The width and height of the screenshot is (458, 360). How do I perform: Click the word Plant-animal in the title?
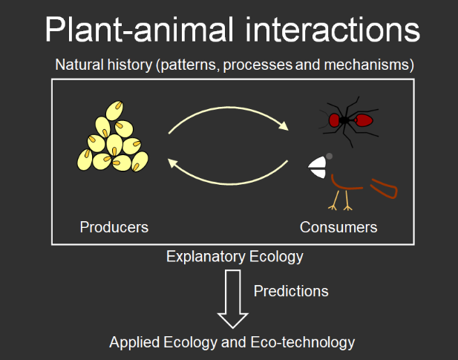coord(140,30)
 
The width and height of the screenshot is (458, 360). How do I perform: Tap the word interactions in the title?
coord(333,30)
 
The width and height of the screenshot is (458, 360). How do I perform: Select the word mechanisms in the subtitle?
coord(369,65)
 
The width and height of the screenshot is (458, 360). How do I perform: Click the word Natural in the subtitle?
coord(79,65)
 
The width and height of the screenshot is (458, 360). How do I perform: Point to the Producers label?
coord(114,227)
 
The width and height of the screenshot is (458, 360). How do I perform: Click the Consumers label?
coord(338,227)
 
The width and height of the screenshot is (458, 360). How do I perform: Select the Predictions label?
coord(291,291)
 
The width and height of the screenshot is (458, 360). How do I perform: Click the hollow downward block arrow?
coord(233,299)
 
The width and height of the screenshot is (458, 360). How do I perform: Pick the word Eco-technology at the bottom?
coord(303,342)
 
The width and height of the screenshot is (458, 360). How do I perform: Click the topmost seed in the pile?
coord(114,111)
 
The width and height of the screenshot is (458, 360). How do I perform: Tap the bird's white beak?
coord(317,167)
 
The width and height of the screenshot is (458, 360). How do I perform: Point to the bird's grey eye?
coord(329,156)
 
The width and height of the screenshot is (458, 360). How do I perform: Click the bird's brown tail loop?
coord(384,189)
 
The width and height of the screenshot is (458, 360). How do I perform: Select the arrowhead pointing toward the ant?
coord(284,125)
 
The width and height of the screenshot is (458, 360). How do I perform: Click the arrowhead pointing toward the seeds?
coord(173,163)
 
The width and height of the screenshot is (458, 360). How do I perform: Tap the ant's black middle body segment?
coord(344,120)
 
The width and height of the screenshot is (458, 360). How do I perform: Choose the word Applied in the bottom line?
coord(134,342)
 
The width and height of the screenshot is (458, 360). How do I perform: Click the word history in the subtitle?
coord(130,65)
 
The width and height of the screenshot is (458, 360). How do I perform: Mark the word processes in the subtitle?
coord(258,65)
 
